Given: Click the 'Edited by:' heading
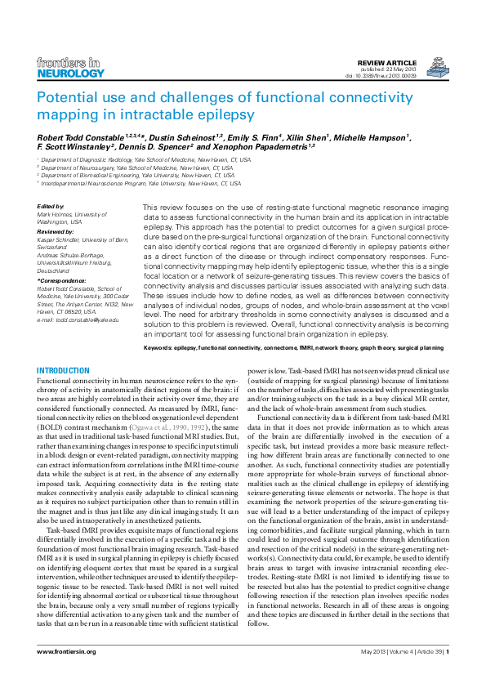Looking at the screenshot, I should point(51,207).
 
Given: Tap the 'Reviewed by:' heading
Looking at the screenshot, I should point(56,232).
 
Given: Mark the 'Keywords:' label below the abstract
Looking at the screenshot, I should point(160,348).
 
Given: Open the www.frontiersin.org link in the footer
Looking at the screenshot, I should point(67,651).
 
